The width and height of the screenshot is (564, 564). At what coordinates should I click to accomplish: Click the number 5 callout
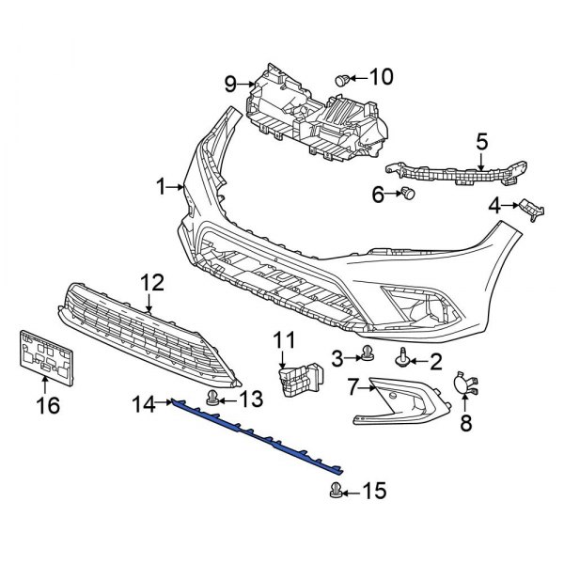click(x=481, y=143)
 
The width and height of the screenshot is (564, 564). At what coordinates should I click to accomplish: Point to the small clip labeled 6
click(x=408, y=194)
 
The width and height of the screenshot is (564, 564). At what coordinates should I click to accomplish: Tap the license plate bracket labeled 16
click(x=43, y=356)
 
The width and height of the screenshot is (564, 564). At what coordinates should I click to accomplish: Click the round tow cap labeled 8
click(x=462, y=383)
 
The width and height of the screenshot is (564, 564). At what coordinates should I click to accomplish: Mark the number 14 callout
click(x=142, y=405)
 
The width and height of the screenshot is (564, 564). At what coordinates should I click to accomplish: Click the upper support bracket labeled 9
click(x=320, y=117)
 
